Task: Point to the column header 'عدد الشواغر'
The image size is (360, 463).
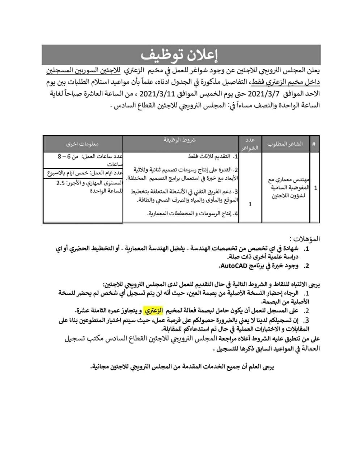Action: (x=250, y=144)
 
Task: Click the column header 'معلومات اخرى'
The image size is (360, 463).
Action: (x=83, y=144)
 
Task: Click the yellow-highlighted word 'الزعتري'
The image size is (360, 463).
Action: (x=154, y=310)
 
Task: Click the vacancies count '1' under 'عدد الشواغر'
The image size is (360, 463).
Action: (x=250, y=204)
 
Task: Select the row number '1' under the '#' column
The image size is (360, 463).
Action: (x=315, y=188)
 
